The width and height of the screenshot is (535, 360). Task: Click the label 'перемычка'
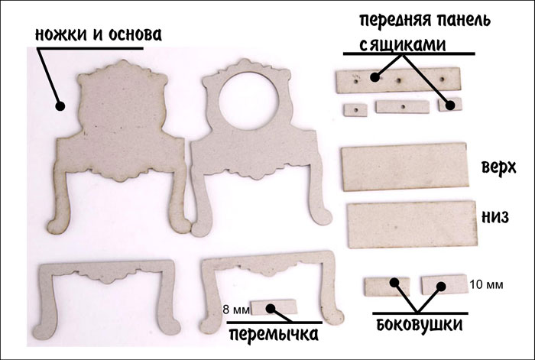(274, 334)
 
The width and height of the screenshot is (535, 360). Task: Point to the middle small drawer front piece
(402, 107)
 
